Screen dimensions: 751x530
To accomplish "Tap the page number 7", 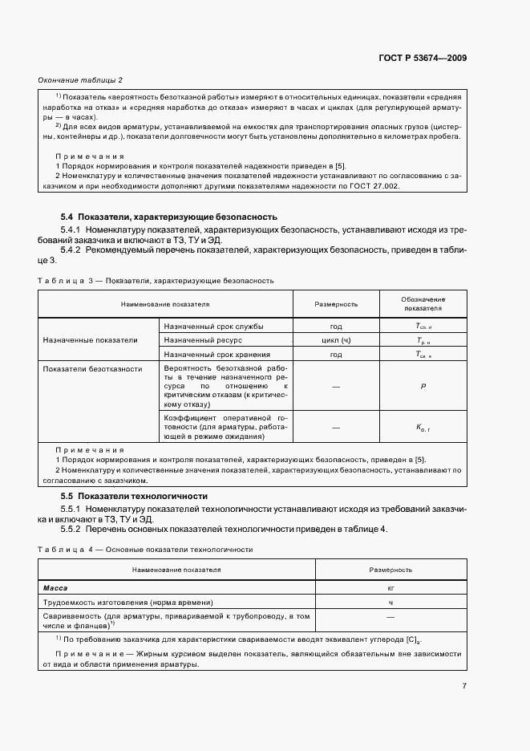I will coord(464,685).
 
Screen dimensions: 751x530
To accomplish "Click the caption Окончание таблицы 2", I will coord(80,80).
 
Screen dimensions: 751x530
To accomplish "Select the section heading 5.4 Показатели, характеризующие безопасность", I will coord(169,217).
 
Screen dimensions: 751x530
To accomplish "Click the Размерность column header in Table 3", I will coord(336,304).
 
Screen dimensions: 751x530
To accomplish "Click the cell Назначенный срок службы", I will coord(213,327).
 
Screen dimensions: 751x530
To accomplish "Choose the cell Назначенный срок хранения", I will coord(216,354).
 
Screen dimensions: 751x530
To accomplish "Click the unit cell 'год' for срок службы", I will coord(336,327).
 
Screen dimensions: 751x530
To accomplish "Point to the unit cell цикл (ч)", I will coord(336,340).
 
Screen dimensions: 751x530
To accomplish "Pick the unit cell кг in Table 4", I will coord(390,588).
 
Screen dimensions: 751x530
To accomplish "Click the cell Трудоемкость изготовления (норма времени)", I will coord(129,602).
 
